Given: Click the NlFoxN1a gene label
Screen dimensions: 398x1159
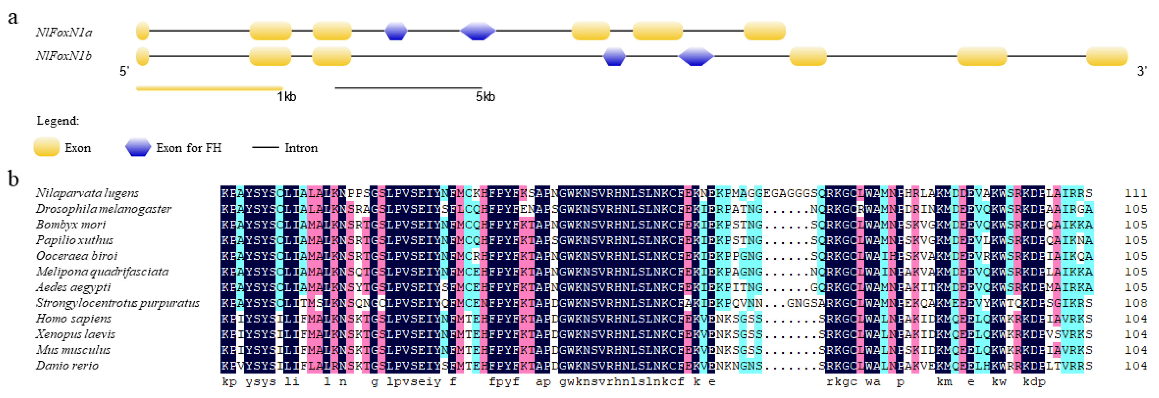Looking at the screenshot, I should tap(64, 32).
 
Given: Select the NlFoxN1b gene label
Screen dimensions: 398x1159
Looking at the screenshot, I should tap(64, 56).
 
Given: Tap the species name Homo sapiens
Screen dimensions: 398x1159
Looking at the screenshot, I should tap(73, 319).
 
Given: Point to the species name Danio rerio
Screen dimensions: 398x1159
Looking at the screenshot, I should tap(67, 366).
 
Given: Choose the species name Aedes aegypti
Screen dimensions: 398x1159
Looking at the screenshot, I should tap(73, 287).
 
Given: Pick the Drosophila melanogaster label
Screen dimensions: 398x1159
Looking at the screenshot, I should tap(103, 209).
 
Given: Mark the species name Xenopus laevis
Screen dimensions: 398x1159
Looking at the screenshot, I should tap(75, 334).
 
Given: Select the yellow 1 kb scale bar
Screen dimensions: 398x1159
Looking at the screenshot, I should tap(210, 88).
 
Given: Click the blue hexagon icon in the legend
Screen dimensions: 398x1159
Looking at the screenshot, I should tap(138, 148).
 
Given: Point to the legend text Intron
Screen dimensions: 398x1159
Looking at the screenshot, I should tap(301, 148).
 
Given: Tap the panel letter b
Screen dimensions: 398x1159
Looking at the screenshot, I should tap(13, 179).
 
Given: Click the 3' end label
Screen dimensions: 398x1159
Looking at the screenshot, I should tap(1142, 71).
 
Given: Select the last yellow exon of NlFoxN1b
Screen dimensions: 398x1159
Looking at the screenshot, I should tap(1107, 57).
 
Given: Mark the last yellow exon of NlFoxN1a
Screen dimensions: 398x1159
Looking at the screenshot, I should tap(764, 31).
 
